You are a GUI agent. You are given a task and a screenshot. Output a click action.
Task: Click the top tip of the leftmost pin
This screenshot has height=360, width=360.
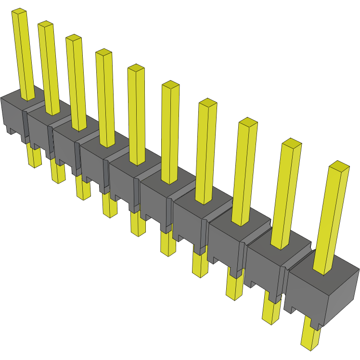click(19, 11)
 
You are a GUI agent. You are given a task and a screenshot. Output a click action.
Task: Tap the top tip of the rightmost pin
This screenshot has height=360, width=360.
click(339, 166)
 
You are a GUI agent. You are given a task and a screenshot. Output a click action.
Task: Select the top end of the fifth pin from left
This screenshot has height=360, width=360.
click(136, 67)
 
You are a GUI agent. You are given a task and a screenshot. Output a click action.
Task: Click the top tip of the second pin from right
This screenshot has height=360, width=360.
click(292, 143)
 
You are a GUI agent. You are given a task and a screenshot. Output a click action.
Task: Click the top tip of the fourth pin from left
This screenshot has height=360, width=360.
click(103, 52)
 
